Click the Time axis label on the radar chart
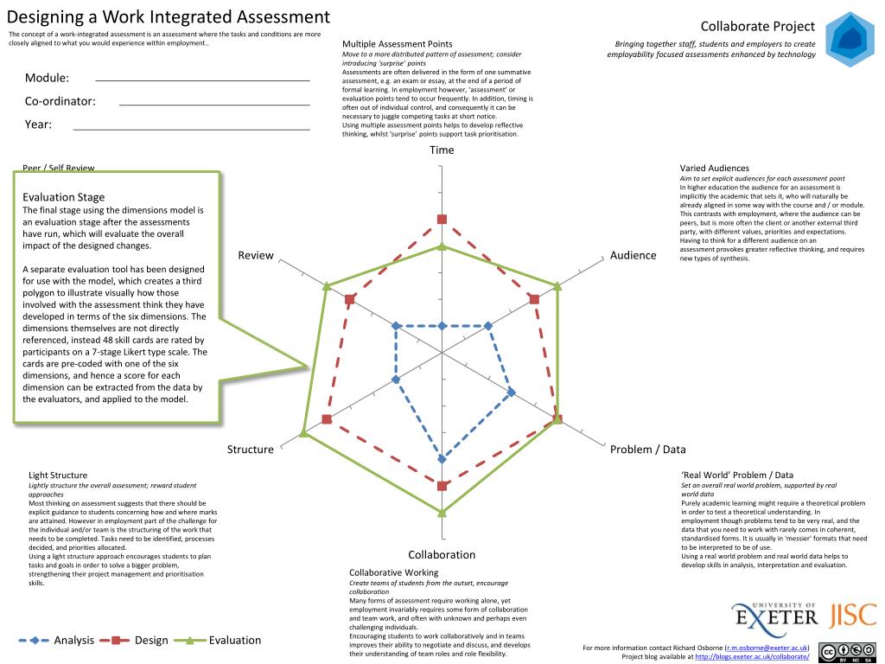click(442, 150)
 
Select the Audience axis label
click(633, 255)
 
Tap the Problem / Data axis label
click(647, 449)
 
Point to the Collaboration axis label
click(442, 555)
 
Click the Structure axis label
click(250, 449)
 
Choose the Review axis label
click(256, 255)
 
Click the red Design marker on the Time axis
click(442, 220)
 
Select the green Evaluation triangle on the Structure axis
click(303, 432)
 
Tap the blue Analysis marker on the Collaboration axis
click(442, 459)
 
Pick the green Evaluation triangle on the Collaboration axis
click(442, 512)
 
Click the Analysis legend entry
click(73, 641)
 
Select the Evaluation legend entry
click(234, 641)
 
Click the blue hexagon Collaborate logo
click(849, 40)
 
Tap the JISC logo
click(853, 616)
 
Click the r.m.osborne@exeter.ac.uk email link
click(766, 648)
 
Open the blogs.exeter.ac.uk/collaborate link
click(752, 656)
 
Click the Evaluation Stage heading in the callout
click(63, 197)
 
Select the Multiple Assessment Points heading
click(397, 43)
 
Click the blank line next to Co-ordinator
click(213, 104)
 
